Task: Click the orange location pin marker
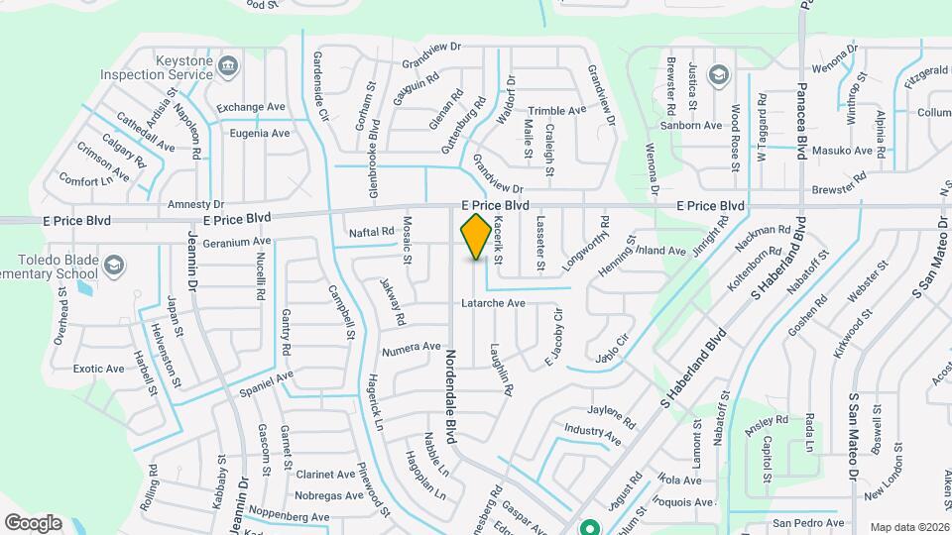[x=476, y=236]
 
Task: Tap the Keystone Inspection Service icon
[x=228, y=66]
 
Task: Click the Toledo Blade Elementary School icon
[x=115, y=265]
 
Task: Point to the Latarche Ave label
[x=492, y=302]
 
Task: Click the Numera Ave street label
[x=411, y=347]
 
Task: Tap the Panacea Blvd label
[x=801, y=129]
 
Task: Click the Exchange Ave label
[x=252, y=107]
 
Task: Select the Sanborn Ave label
[x=692, y=126]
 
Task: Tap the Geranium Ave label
[x=237, y=241]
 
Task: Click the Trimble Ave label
[x=559, y=111]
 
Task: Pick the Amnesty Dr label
[x=196, y=204]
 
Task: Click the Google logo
[x=33, y=522]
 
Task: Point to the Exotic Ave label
[x=99, y=369]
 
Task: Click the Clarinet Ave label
[x=325, y=475]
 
